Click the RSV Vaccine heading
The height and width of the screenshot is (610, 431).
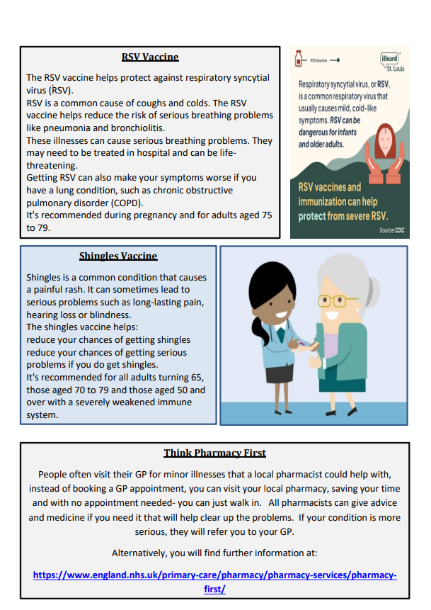point(150,57)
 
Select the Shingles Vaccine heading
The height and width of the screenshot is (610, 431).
point(118,256)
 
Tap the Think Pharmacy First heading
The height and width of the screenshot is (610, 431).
point(214,453)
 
